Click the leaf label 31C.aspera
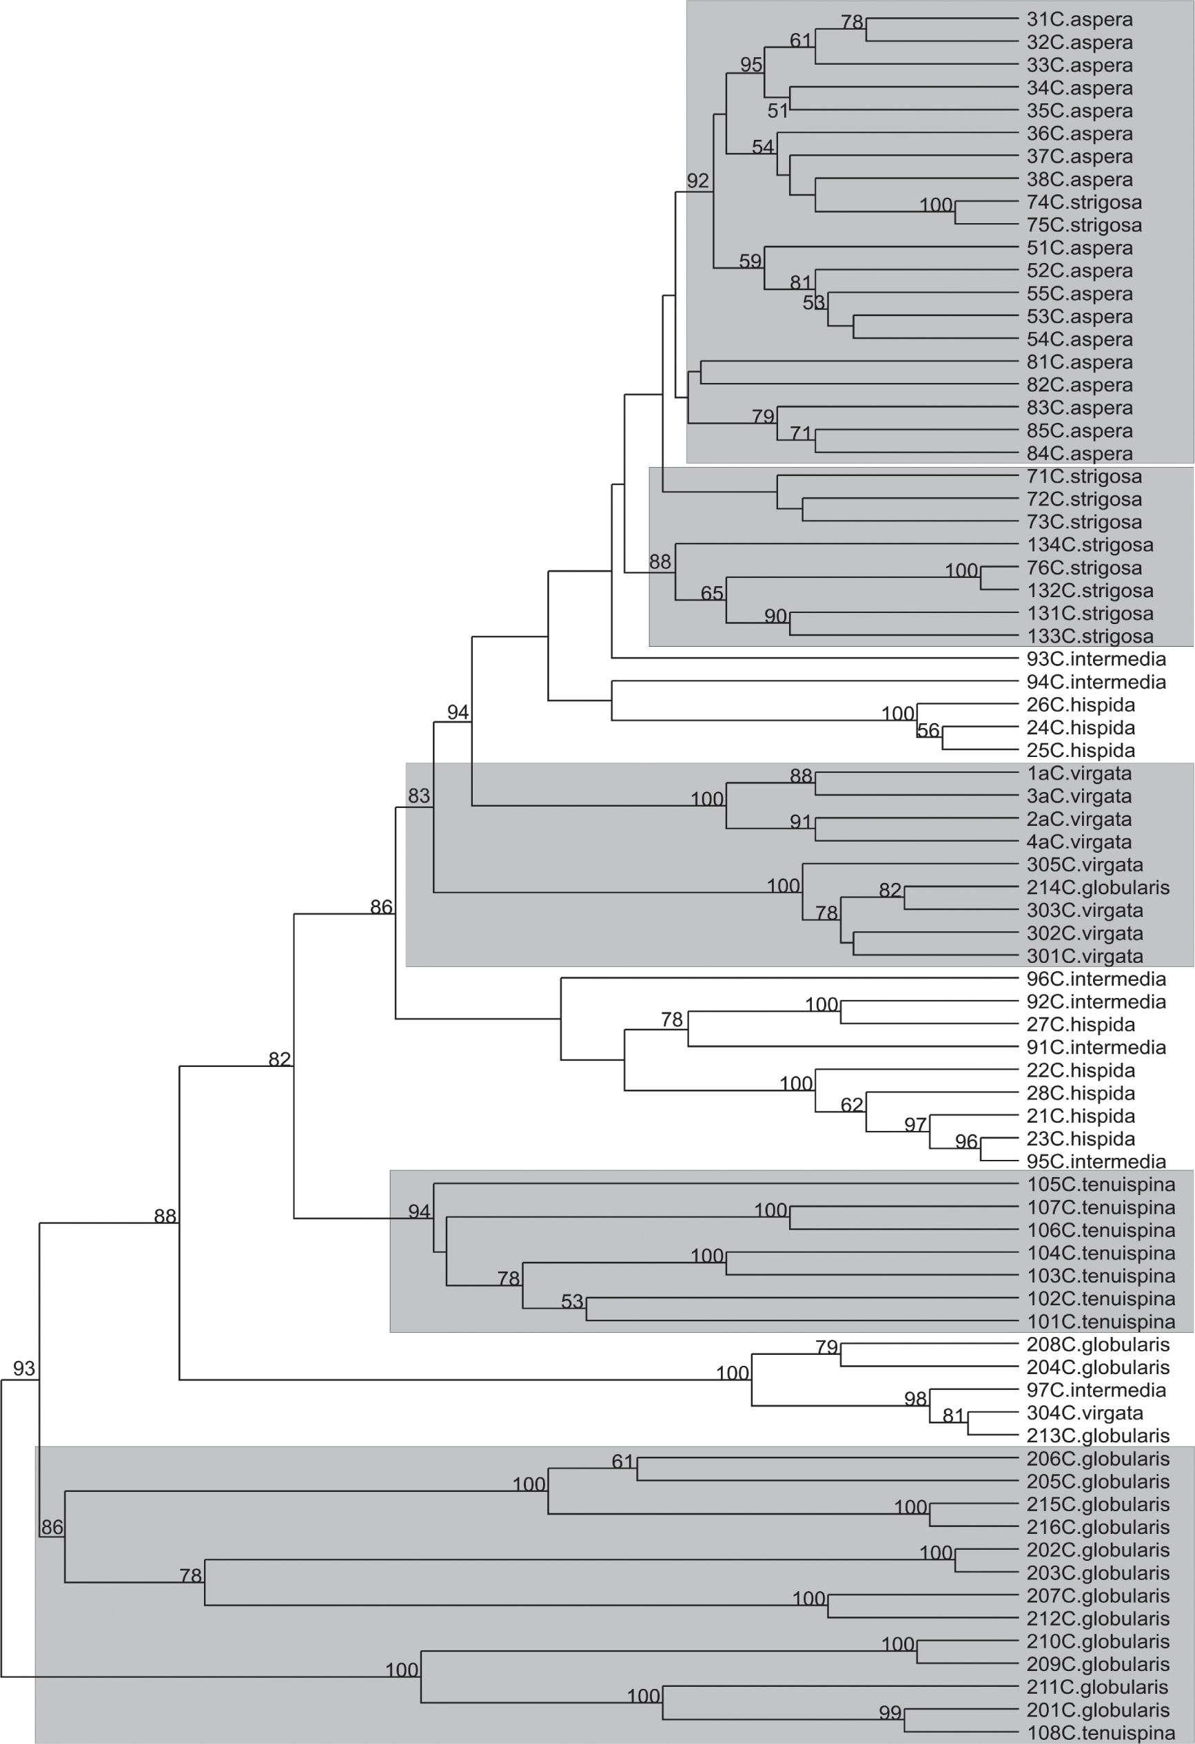1079,19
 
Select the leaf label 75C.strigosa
1084,225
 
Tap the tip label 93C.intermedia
1096,660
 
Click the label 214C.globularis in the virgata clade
1098,888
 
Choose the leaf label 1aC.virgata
1079,774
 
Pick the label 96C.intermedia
1096,979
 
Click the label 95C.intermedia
1096,1163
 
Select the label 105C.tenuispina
1101,1185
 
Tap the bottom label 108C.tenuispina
1101,1733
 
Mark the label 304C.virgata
1085,1414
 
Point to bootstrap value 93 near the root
24,1368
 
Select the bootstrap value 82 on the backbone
279,1059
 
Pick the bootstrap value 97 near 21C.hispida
915,1125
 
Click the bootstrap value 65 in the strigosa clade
712,594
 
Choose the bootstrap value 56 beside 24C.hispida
928,730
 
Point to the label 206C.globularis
1098,1459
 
